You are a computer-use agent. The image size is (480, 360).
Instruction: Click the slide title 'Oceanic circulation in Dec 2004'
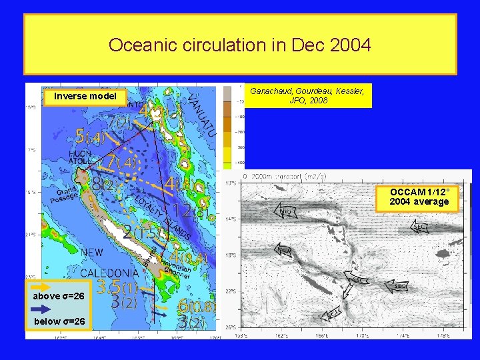pos(240,45)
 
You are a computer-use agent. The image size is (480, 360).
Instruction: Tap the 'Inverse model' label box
pos(85,96)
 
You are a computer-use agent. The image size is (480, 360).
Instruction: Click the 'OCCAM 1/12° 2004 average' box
pos(419,197)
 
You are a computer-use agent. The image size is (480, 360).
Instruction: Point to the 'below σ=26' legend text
pos(59,322)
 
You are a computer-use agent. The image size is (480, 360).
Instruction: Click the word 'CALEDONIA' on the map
pos(110,273)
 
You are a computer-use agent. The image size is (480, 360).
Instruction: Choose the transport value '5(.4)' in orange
pos(89,137)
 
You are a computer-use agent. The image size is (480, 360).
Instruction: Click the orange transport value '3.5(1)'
pos(117,287)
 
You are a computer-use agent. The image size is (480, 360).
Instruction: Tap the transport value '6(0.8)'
pos(197,307)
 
